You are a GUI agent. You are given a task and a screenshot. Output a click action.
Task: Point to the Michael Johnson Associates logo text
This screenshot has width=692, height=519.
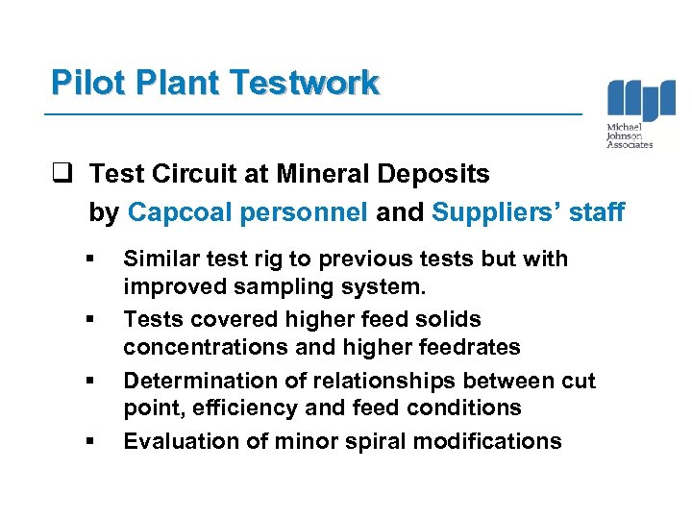click(630, 136)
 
